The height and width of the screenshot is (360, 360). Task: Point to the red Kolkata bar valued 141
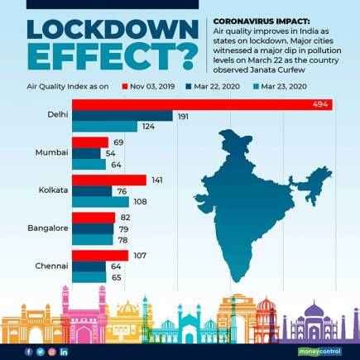click(x=109, y=180)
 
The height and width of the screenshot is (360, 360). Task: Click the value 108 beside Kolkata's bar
click(x=141, y=202)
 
